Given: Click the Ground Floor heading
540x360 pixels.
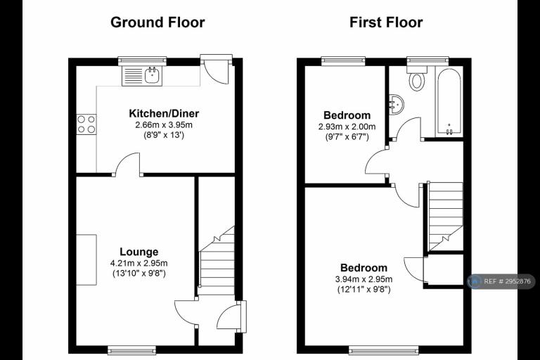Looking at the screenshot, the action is tap(157, 22).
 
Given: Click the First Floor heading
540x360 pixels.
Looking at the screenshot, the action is tap(386, 22).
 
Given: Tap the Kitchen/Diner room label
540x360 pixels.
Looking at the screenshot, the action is tap(164, 113).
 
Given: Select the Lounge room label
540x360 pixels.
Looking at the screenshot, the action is tap(139, 252).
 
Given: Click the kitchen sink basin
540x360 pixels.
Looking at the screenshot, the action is tap(153, 75).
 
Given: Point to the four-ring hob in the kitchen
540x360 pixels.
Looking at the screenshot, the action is tap(86, 124).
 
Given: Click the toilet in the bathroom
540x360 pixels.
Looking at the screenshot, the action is tap(417, 78).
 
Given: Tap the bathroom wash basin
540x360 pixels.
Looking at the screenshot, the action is tap(396, 103).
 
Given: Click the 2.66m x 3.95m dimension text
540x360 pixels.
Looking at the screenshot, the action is tap(164, 124).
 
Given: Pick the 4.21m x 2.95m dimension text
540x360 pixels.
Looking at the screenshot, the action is tap(139, 263).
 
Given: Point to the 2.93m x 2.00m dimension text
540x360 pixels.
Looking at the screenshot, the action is tap(347, 127).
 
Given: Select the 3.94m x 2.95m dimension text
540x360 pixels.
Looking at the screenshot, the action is tap(364, 279).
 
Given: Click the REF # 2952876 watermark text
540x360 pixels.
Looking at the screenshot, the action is tap(507, 281).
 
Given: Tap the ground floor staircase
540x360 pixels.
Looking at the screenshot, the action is tap(217, 261).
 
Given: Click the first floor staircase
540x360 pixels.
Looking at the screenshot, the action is tap(445, 217).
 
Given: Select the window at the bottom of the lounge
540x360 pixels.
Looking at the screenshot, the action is tap(132, 350).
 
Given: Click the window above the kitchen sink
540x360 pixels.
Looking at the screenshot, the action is tap(142, 61).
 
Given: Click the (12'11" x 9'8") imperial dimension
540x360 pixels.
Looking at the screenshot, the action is tap(364, 290).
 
